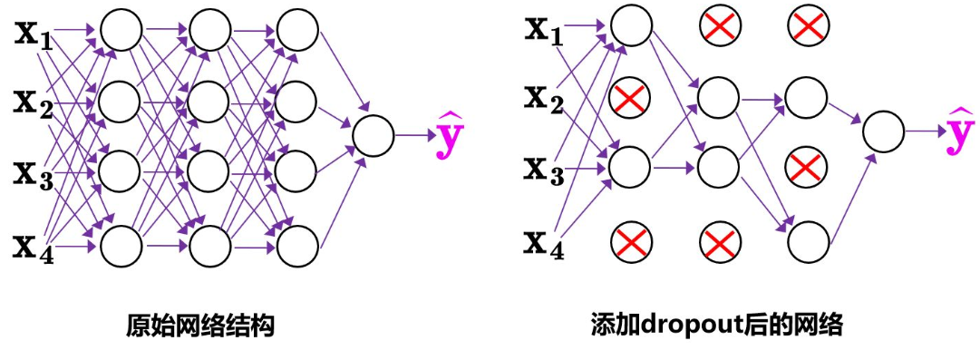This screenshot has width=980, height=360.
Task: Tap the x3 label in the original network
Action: (x=34, y=172)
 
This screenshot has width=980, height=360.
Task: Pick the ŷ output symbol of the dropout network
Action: (x=960, y=132)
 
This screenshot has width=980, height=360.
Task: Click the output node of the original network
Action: (x=373, y=137)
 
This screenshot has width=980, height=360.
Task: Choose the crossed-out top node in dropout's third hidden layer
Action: (x=807, y=27)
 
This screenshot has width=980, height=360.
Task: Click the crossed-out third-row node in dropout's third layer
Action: (x=807, y=167)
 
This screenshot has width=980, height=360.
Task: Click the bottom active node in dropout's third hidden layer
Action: (x=807, y=240)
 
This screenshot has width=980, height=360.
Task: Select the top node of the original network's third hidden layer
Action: (x=297, y=31)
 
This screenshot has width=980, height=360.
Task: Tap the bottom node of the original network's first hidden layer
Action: (x=121, y=244)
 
